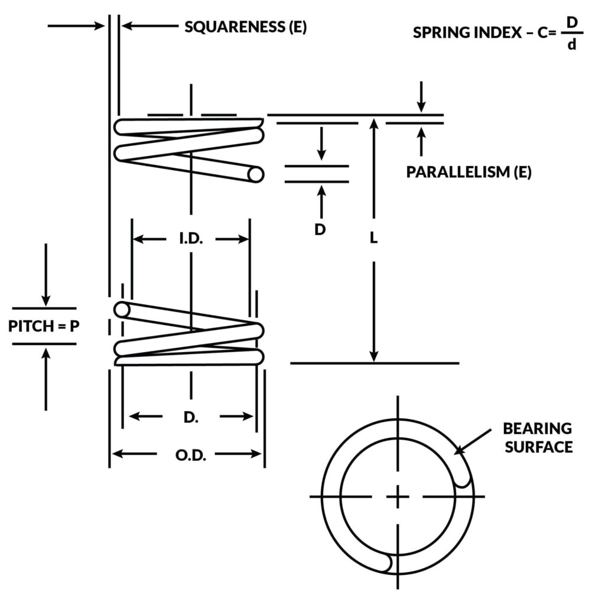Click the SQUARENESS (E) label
point(245,27)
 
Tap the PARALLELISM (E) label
point(469,173)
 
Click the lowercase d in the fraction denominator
point(571,44)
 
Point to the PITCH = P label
point(44,326)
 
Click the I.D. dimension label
point(191,239)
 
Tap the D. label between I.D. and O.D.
point(190,417)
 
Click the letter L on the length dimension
point(373,238)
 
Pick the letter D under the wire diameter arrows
point(320,229)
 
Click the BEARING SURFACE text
point(537,437)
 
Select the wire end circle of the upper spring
point(256,174)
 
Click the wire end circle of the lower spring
point(122,310)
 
